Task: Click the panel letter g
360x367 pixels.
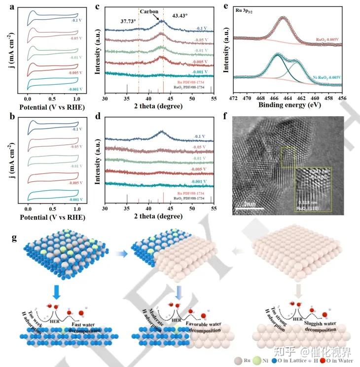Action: click(14, 238)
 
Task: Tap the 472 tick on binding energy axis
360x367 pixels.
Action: click(234, 99)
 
